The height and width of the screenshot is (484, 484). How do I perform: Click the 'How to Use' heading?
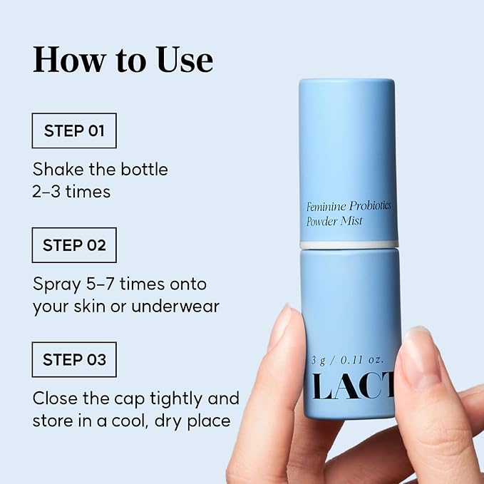coord(123,60)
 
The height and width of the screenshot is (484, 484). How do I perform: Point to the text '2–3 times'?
coord(71,191)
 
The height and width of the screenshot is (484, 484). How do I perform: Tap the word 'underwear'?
coord(175,307)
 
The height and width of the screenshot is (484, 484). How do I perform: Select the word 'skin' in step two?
coord(90,307)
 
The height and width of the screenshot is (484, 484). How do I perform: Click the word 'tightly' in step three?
coord(177,398)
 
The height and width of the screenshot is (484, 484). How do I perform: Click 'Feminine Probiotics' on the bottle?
coord(349,206)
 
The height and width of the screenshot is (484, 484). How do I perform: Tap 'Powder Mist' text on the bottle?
coord(334,221)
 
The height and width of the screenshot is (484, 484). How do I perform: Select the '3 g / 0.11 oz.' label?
coord(348,360)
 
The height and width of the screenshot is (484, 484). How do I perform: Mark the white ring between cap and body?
coord(349,244)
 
